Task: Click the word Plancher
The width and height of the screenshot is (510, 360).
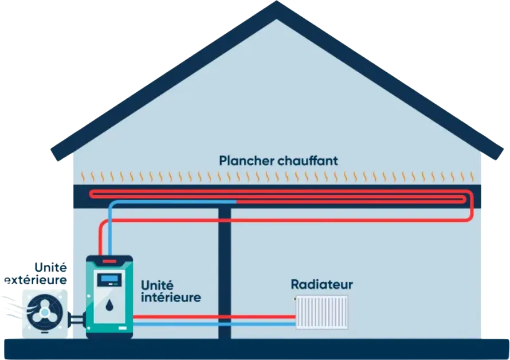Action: (246, 161)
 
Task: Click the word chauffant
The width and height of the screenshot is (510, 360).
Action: (308, 161)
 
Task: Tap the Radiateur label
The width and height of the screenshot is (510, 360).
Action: (321, 284)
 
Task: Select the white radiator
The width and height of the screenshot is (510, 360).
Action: (321, 312)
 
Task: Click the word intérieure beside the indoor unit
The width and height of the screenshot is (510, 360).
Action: (171, 297)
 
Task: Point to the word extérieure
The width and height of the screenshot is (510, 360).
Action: (36, 280)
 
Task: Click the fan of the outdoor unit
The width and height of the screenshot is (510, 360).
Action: (45, 313)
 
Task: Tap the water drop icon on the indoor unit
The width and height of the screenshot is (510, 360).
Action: (109, 306)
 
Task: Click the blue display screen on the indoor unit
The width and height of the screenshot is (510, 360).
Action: (109, 279)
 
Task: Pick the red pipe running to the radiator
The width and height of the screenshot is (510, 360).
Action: (214, 316)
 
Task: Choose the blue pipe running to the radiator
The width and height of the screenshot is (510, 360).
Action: (214, 324)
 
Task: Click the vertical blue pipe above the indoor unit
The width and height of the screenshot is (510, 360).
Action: (110, 230)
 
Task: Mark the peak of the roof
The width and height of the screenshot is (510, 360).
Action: (276, 1)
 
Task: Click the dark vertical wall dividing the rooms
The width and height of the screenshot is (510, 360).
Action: (225, 273)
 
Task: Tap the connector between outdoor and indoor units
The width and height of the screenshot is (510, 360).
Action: (77, 320)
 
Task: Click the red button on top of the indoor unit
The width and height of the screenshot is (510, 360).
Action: (109, 261)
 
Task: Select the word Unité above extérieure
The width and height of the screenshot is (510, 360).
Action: (51, 268)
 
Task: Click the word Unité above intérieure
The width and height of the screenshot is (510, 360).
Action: (157, 285)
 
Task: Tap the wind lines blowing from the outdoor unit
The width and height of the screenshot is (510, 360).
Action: (13, 307)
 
